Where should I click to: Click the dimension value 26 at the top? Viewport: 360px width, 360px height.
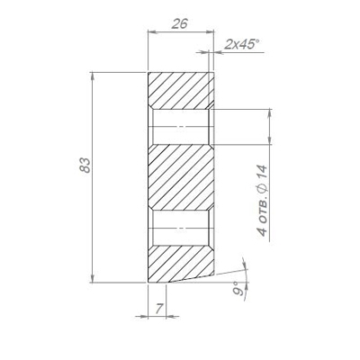pyautogui.click(x=180, y=23)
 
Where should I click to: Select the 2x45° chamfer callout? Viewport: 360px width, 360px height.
pyautogui.click(x=242, y=45)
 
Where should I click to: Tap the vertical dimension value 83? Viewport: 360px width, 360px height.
pyautogui.click(x=85, y=166)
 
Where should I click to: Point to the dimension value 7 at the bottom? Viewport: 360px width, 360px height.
pyautogui.click(x=160, y=308)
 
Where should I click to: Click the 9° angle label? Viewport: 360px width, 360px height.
pyautogui.click(x=238, y=289)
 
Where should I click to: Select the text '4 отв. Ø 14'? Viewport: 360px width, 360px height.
pyautogui.click(x=262, y=201)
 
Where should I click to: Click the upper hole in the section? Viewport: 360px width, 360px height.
pyautogui.click(x=181, y=127)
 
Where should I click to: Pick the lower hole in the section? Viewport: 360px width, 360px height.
pyautogui.click(x=181, y=229)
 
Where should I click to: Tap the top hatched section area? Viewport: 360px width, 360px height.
pyautogui.click(x=181, y=91)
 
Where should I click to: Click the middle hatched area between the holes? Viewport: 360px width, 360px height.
pyautogui.click(x=181, y=177)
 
